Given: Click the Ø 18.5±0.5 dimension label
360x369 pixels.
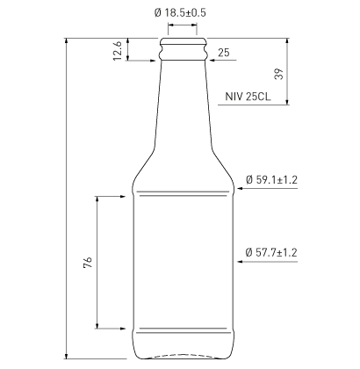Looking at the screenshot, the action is click(x=180, y=13).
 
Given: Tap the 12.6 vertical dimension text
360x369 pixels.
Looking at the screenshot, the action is click(x=118, y=51).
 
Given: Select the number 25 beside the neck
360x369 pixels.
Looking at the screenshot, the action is click(x=224, y=53).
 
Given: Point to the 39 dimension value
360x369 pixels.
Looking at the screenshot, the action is click(x=279, y=74).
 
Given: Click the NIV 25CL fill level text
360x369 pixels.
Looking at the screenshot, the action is click(x=248, y=97).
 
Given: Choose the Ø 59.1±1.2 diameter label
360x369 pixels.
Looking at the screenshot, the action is click(x=271, y=179).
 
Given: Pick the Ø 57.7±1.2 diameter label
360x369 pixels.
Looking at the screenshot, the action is click(x=271, y=252).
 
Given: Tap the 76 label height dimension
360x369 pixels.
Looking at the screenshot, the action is click(x=88, y=262).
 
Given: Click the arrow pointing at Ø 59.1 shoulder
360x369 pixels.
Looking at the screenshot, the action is click(x=267, y=188).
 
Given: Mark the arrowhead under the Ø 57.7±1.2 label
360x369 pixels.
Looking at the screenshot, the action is click(x=240, y=261).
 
